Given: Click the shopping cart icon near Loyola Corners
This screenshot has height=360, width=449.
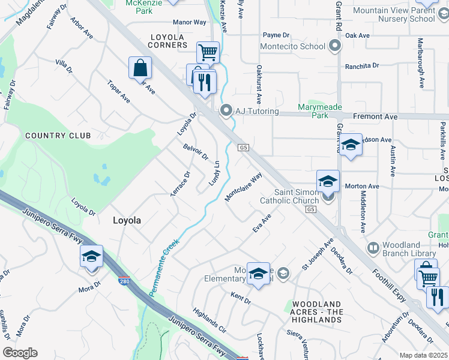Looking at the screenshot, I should click(208, 52).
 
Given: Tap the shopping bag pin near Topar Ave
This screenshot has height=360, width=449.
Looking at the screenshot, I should click(140, 68).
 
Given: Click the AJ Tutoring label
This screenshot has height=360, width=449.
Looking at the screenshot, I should click(256, 111).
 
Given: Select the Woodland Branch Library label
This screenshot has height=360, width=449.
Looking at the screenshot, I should click(410, 249).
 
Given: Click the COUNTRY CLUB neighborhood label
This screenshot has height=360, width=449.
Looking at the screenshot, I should click(58, 136).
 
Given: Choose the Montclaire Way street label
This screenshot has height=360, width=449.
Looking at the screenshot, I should click(244, 187).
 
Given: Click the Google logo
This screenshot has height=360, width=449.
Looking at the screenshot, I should click(20, 352).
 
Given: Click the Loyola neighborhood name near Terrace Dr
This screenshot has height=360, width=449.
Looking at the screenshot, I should click(127, 220).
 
